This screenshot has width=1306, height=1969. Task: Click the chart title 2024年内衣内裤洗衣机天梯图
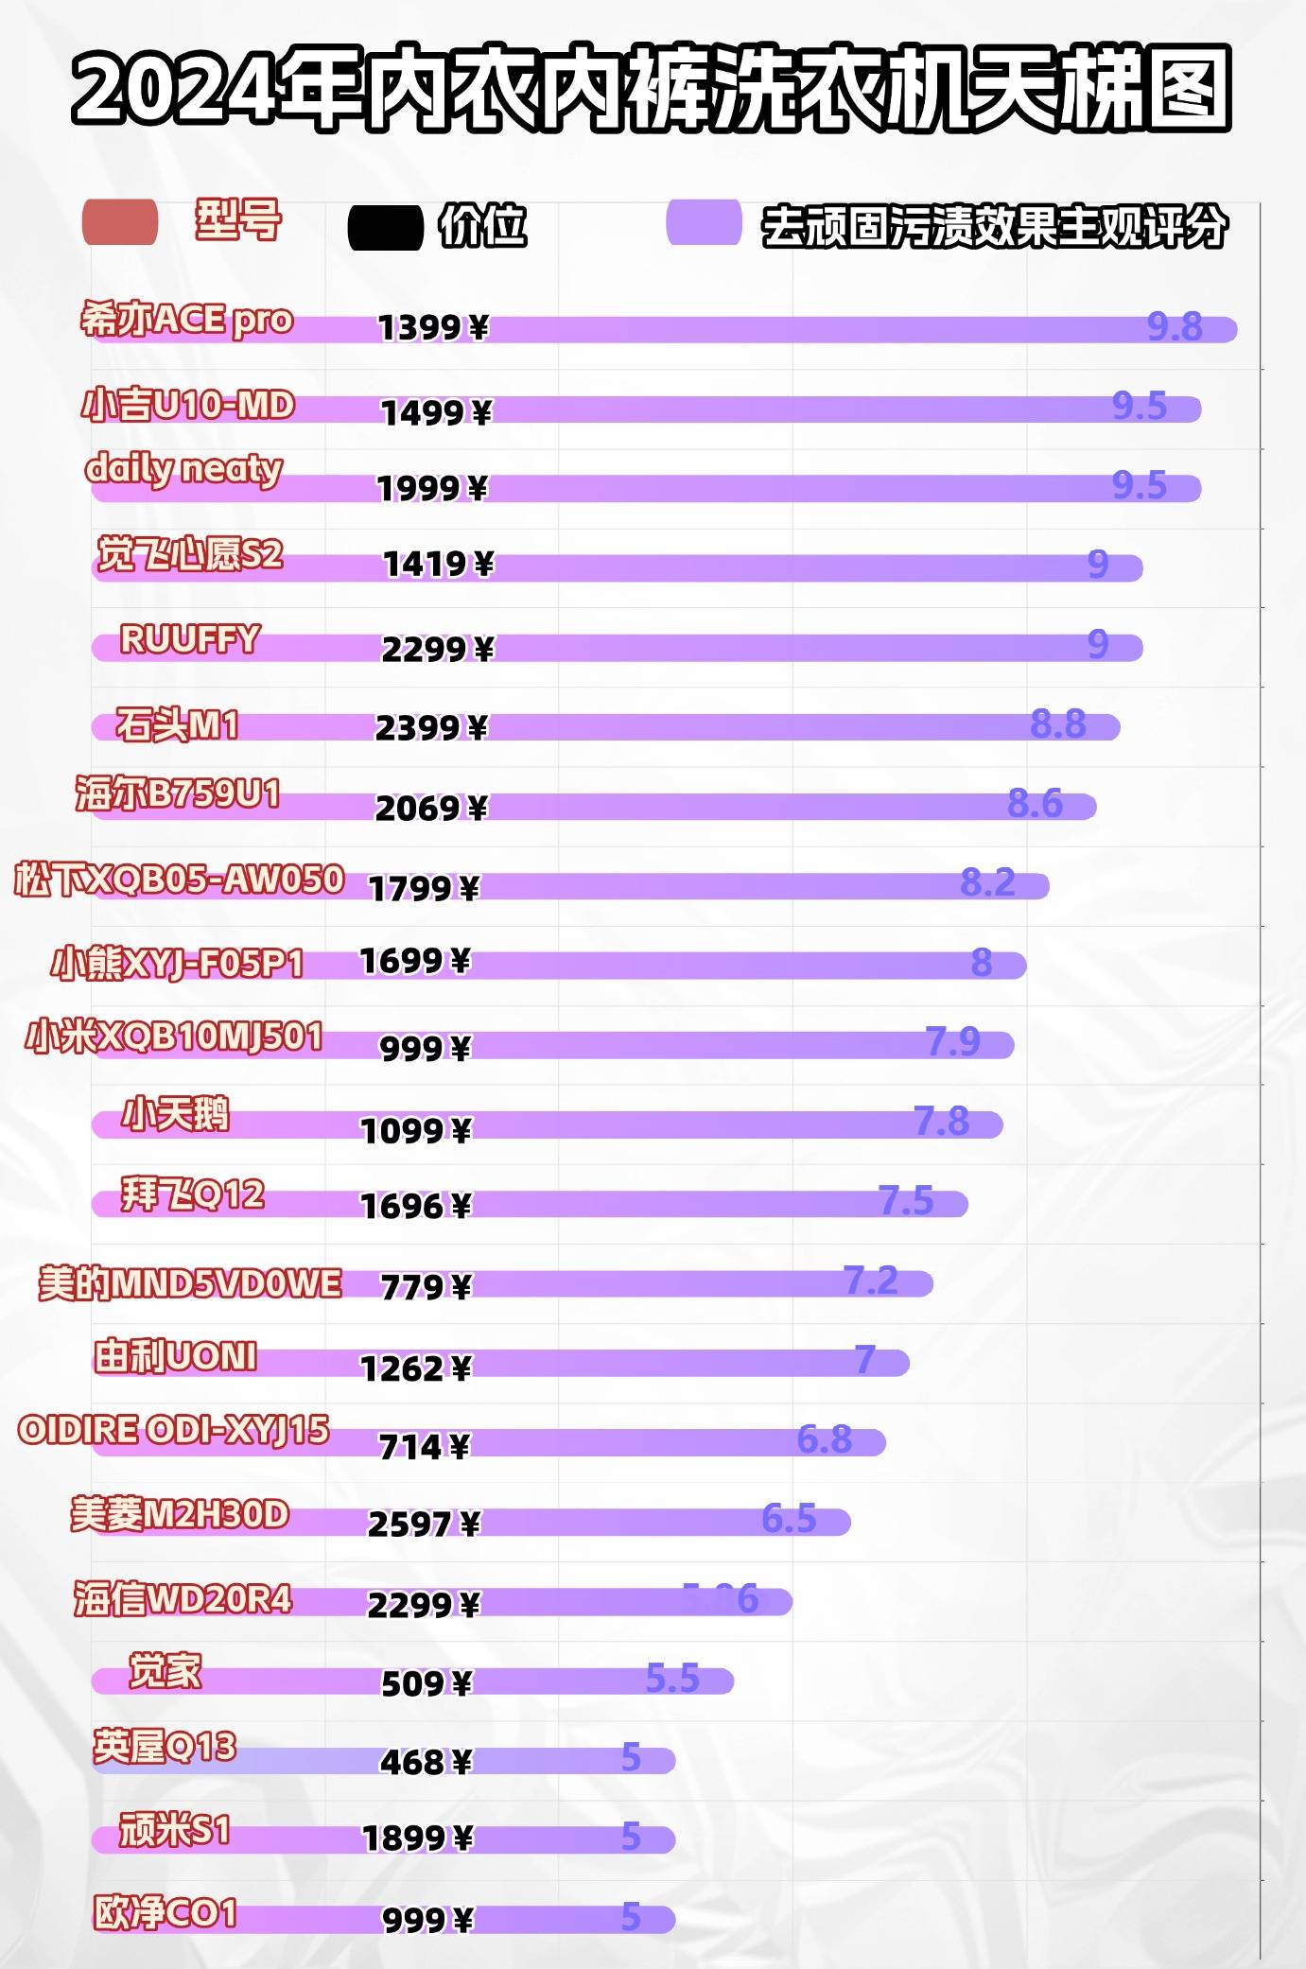coord(652,88)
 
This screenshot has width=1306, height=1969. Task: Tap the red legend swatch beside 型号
coord(120,223)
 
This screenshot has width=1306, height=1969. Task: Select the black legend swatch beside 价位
coord(385,228)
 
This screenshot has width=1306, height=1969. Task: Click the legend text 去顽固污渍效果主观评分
coord(994,227)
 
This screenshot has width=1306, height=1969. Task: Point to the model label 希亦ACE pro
coord(186,320)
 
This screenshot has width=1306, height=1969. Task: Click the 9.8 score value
coord(1175,327)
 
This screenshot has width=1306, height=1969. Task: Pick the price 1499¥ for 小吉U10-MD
coord(436,412)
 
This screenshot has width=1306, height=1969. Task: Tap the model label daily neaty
coord(183,469)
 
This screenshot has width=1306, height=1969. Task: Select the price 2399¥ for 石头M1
coord(431,727)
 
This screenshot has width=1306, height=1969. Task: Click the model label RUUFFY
coord(189,639)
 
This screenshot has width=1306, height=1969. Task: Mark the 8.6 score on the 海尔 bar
coord(1035,804)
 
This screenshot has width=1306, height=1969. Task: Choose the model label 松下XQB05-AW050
coord(179,880)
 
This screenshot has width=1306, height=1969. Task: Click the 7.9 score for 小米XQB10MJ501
coord(952,1042)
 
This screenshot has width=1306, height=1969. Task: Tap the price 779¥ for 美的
coord(426,1286)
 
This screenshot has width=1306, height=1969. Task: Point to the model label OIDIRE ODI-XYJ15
coord(173,1430)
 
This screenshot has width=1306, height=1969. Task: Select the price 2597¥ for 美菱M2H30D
coord(424,1524)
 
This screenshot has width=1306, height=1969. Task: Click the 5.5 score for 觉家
coord(671,1679)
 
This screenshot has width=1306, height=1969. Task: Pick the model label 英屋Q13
coord(165,1746)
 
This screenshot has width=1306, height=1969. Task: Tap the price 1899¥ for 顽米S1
coord(417,1838)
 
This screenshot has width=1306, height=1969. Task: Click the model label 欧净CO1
coord(165,1912)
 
